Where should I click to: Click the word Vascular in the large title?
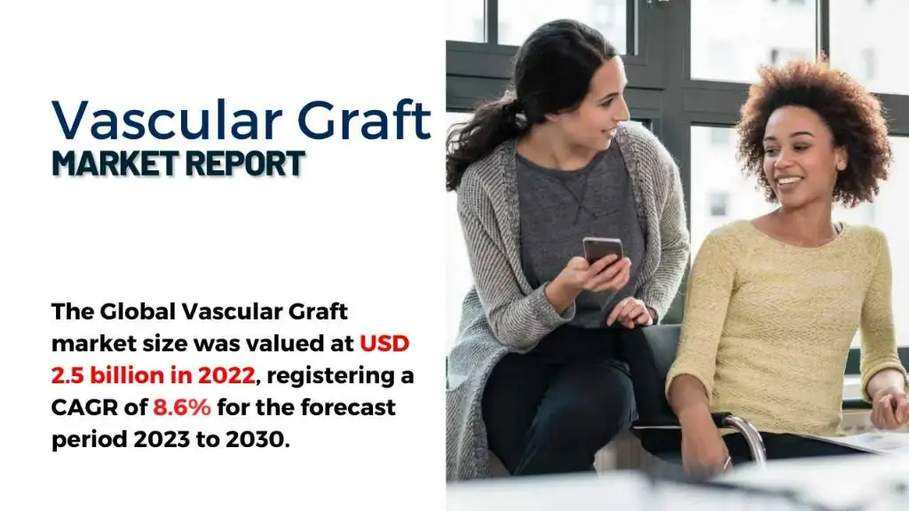point(167,121)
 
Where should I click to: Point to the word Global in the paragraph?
point(138,311)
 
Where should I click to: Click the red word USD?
point(384,343)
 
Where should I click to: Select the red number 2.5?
point(67,375)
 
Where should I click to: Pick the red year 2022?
point(226,375)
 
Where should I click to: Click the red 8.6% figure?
point(182,407)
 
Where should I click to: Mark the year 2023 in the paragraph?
point(162,439)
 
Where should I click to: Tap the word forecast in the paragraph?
point(348,407)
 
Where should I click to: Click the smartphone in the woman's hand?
point(603,251)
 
